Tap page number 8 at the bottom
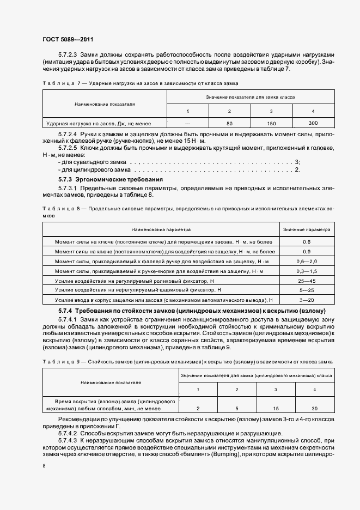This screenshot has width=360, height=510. click(44, 466)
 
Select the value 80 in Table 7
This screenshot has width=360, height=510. click(229, 124)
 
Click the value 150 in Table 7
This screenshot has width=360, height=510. click(272, 124)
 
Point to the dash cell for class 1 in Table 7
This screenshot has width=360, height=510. click(187, 124)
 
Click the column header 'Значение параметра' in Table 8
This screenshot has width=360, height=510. click(307, 230)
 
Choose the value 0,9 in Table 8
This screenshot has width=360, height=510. click(307, 252)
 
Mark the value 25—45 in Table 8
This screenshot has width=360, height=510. click(307, 281)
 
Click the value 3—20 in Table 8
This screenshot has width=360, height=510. click(307, 300)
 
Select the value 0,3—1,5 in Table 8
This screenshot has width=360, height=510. click(307, 271)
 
